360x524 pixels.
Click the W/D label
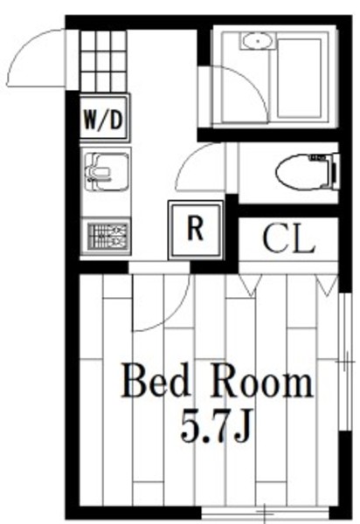pos(104,120)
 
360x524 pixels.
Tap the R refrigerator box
pos(196,229)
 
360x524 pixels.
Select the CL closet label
pos(288,238)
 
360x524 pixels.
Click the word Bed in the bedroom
pos(156,381)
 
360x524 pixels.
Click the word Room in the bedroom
pos(261,381)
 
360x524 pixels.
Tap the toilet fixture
pos(308,172)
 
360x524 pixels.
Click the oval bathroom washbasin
pos(258,41)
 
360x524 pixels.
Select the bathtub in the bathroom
pos(299,79)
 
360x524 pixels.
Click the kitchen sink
pos(107,172)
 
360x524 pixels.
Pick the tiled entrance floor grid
pos(103,60)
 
